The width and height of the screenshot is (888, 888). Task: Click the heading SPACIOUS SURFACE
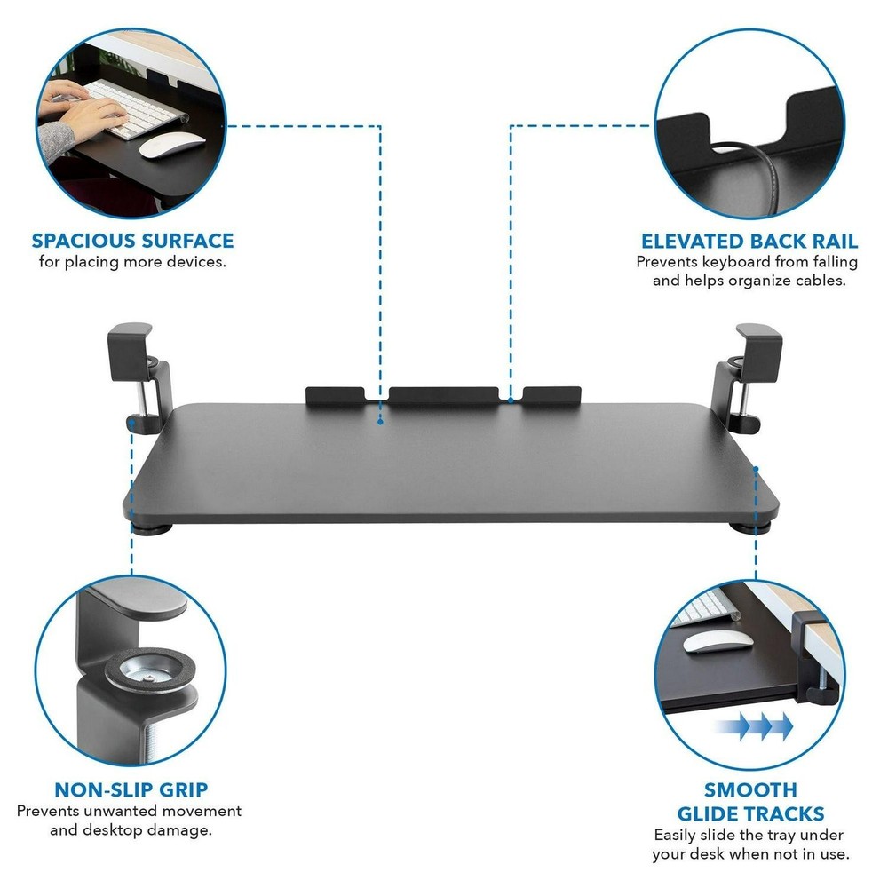click(133, 241)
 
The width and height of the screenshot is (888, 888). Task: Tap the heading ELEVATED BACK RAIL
click(749, 242)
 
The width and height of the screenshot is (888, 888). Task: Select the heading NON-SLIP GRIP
click(132, 790)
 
